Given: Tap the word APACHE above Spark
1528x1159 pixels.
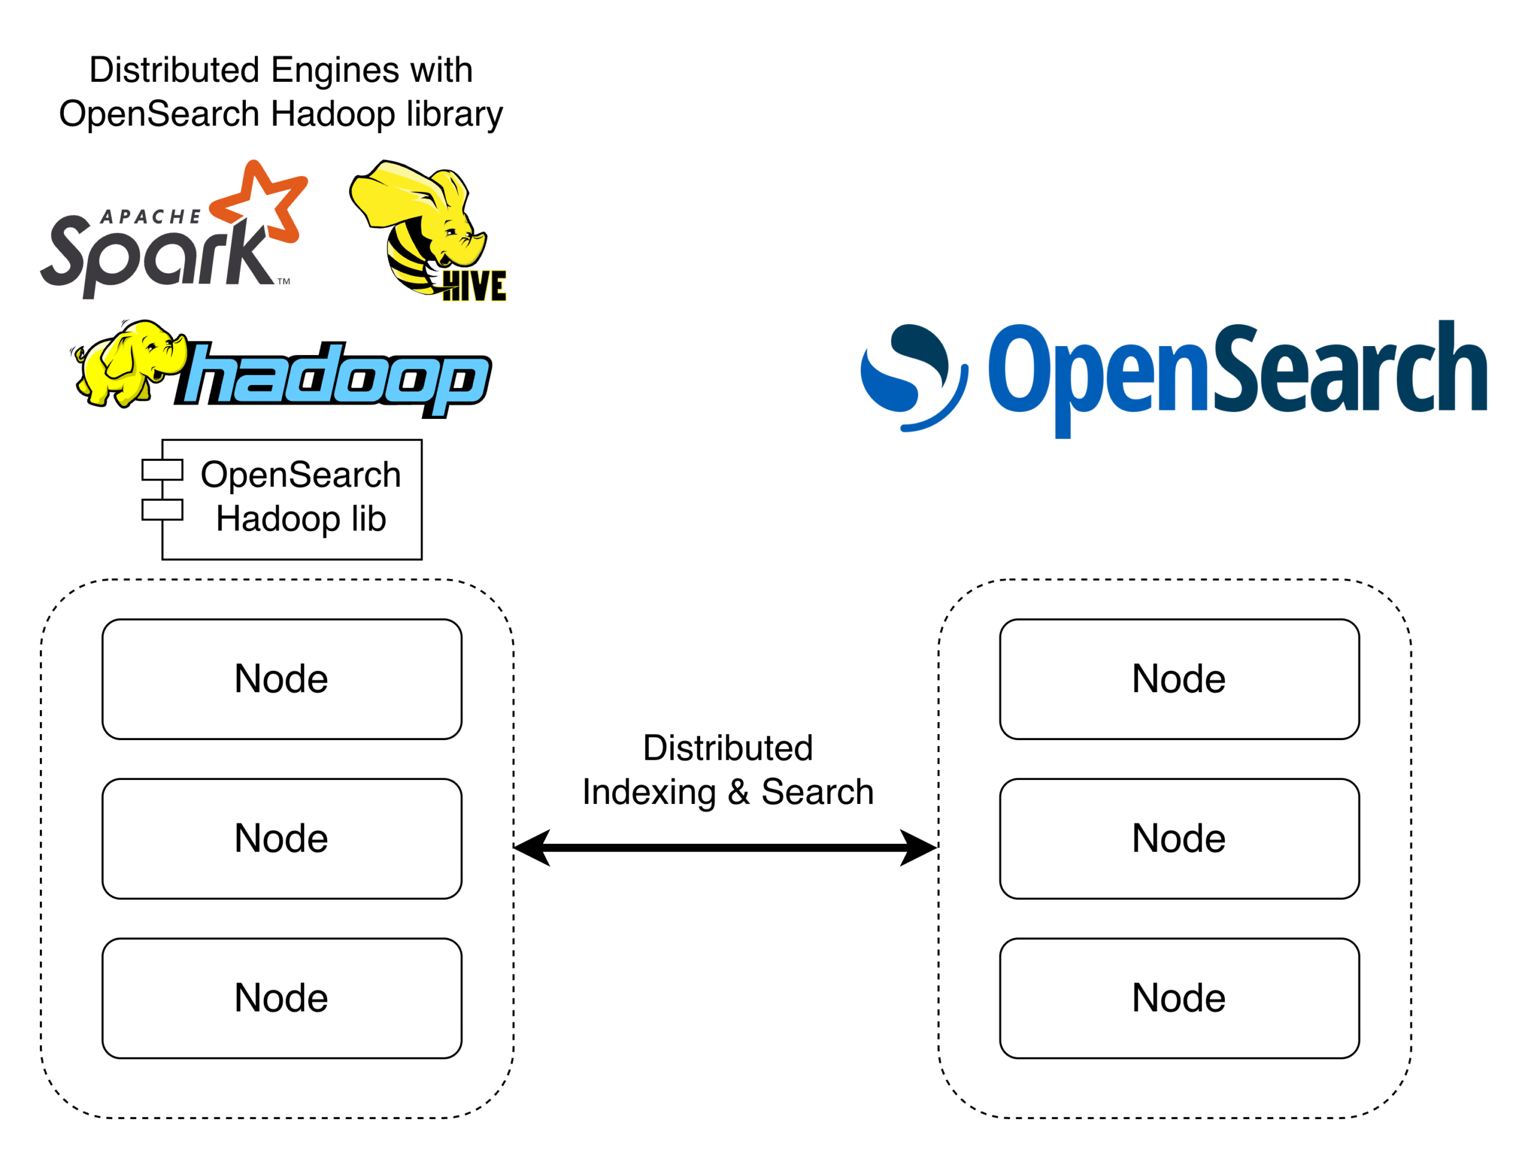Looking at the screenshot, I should coord(150,217).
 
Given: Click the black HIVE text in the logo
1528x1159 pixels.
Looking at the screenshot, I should coord(474,286).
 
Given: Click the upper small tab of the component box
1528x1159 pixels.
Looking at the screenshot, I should coord(162,470).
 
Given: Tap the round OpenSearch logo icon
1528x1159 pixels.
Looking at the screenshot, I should coord(912,377).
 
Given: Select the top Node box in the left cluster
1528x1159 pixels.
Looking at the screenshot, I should coord(282,679).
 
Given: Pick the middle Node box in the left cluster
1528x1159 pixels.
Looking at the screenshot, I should coord(282,839).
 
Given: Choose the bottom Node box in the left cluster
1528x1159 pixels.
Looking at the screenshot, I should coord(282,998).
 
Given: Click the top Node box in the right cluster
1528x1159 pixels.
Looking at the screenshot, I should coord(1179,679).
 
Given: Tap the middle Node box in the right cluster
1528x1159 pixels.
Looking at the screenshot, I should coord(1179,839).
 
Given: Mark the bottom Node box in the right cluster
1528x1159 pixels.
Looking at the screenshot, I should coord(1179,998).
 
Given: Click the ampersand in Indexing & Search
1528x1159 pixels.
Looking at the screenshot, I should coord(738,792).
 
